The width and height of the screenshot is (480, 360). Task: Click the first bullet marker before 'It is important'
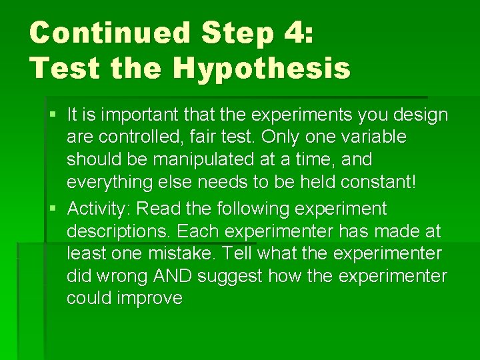[53, 115]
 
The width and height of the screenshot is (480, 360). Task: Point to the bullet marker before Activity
[53, 209]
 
